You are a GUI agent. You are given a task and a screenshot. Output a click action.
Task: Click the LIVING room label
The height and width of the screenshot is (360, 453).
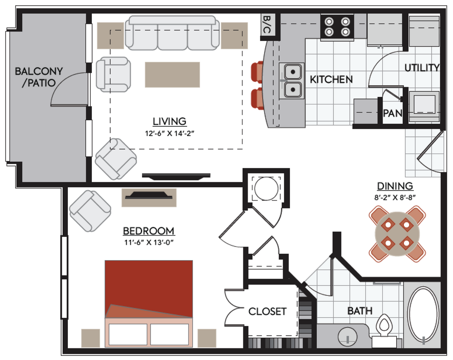pyautogui.click(x=170, y=121)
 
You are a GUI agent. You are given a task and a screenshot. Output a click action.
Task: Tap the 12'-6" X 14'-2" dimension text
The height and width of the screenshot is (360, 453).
pyautogui.click(x=170, y=133)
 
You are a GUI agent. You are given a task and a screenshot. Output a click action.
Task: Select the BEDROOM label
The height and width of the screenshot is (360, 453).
pyautogui.click(x=149, y=231)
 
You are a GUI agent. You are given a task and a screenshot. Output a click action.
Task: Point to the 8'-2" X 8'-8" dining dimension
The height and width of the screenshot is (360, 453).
pyautogui.click(x=395, y=197)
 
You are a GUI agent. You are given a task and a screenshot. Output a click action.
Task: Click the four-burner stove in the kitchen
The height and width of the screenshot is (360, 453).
pyautogui.click(x=337, y=26)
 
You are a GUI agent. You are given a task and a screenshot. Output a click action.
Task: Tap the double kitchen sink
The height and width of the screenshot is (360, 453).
pyautogui.click(x=292, y=81)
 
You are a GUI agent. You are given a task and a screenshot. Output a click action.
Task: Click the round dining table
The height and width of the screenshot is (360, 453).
pyautogui.click(x=397, y=234)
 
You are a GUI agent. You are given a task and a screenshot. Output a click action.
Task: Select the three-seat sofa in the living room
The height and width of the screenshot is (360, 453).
pyautogui.click(x=172, y=33)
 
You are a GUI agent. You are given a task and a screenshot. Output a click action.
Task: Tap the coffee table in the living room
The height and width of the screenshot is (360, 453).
pyautogui.click(x=172, y=75)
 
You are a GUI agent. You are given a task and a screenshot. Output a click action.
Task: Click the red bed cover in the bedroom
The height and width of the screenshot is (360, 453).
pyautogui.click(x=149, y=286)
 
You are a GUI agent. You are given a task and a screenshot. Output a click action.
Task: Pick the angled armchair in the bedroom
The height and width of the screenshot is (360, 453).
pyautogui.click(x=90, y=211)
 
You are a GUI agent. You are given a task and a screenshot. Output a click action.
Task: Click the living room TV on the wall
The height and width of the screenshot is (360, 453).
pyautogui.click(x=176, y=175)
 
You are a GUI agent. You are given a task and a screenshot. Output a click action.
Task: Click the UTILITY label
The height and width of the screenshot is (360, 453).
pyautogui.click(x=422, y=68)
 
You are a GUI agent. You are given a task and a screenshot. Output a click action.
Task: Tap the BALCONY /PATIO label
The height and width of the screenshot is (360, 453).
pyautogui.click(x=38, y=77)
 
